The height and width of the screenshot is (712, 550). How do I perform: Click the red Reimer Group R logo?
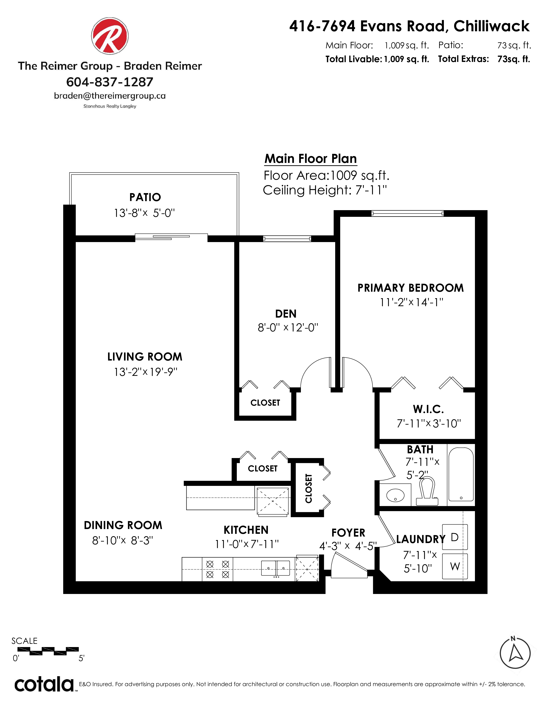(110, 36)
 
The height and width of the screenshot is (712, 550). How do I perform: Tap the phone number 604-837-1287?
(110, 82)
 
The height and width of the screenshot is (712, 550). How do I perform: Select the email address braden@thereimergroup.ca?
(110, 96)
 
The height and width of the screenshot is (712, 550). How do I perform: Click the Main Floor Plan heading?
(311, 159)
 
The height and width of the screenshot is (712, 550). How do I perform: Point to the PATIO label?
(145, 197)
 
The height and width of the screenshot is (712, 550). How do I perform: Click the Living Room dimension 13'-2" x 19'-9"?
(145, 372)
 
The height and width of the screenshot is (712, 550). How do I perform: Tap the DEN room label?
(286, 314)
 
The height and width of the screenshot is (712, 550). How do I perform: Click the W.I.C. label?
(428, 409)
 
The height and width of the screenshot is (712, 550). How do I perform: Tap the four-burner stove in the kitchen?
(218, 569)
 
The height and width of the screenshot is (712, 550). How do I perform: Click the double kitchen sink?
(276, 568)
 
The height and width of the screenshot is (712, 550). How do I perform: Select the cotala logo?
(44, 684)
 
